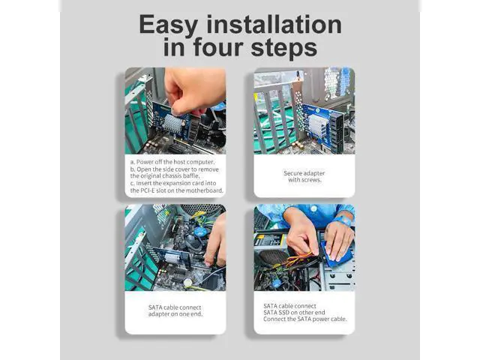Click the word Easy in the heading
tap(168, 25)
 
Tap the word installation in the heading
tap(274, 24)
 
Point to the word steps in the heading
tap(283, 49)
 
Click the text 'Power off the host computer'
tap(175, 162)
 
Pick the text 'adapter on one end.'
tap(175, 314)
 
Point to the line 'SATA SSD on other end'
tap(294, 313)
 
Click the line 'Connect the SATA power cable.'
tap(305, 319)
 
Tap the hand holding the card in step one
tap(193, 89)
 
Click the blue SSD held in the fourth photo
tap(337, 251)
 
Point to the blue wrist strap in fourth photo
tap(343, 220)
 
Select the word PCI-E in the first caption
tap(148, 190)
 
